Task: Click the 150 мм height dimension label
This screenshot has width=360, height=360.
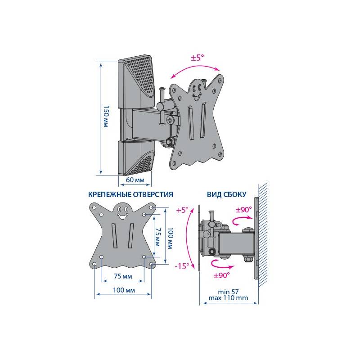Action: [x=106, y=117]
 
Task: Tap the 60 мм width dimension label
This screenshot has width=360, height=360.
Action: [x=135, y=180]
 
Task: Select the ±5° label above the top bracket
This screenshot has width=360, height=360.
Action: [x=198, y=58]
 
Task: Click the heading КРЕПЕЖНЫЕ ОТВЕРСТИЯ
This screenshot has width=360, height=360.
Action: [x=130, y=194]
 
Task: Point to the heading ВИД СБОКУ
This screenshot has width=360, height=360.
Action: [x=227, y=194]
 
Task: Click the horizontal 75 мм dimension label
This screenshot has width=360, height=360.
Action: [x=123, y=276]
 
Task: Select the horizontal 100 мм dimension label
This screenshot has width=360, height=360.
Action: [x=124, y=290]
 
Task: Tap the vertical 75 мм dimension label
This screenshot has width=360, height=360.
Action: [x=157, y=237]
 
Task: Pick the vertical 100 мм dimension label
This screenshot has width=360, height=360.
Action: [x=171, y=238]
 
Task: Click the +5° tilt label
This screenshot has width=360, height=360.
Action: [x=182, y=210]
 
